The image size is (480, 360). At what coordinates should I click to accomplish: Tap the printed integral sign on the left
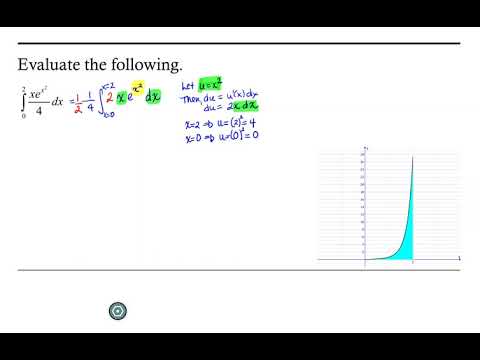click(23, 101)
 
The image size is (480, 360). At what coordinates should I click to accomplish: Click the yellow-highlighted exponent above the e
click(165, 87)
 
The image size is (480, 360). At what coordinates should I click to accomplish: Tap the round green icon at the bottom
click(119, 312)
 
